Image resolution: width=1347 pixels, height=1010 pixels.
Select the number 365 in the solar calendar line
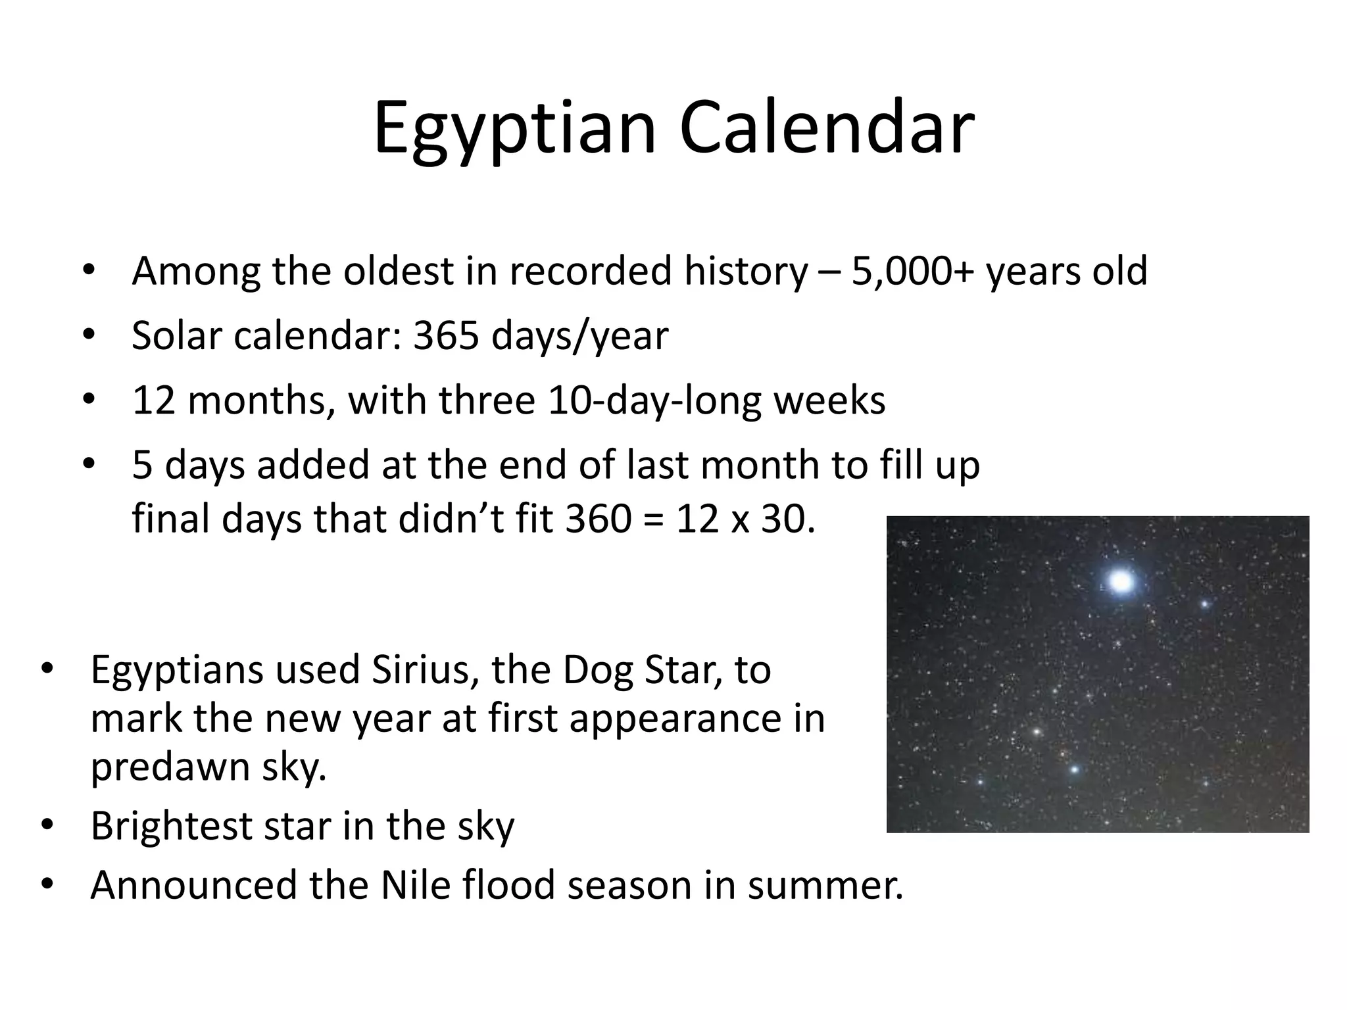click(x=445, y=335)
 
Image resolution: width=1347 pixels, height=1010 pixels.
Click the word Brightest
click(x=170, y=827)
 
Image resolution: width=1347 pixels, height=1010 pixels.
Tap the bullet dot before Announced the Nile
click(x=47, y=885)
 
